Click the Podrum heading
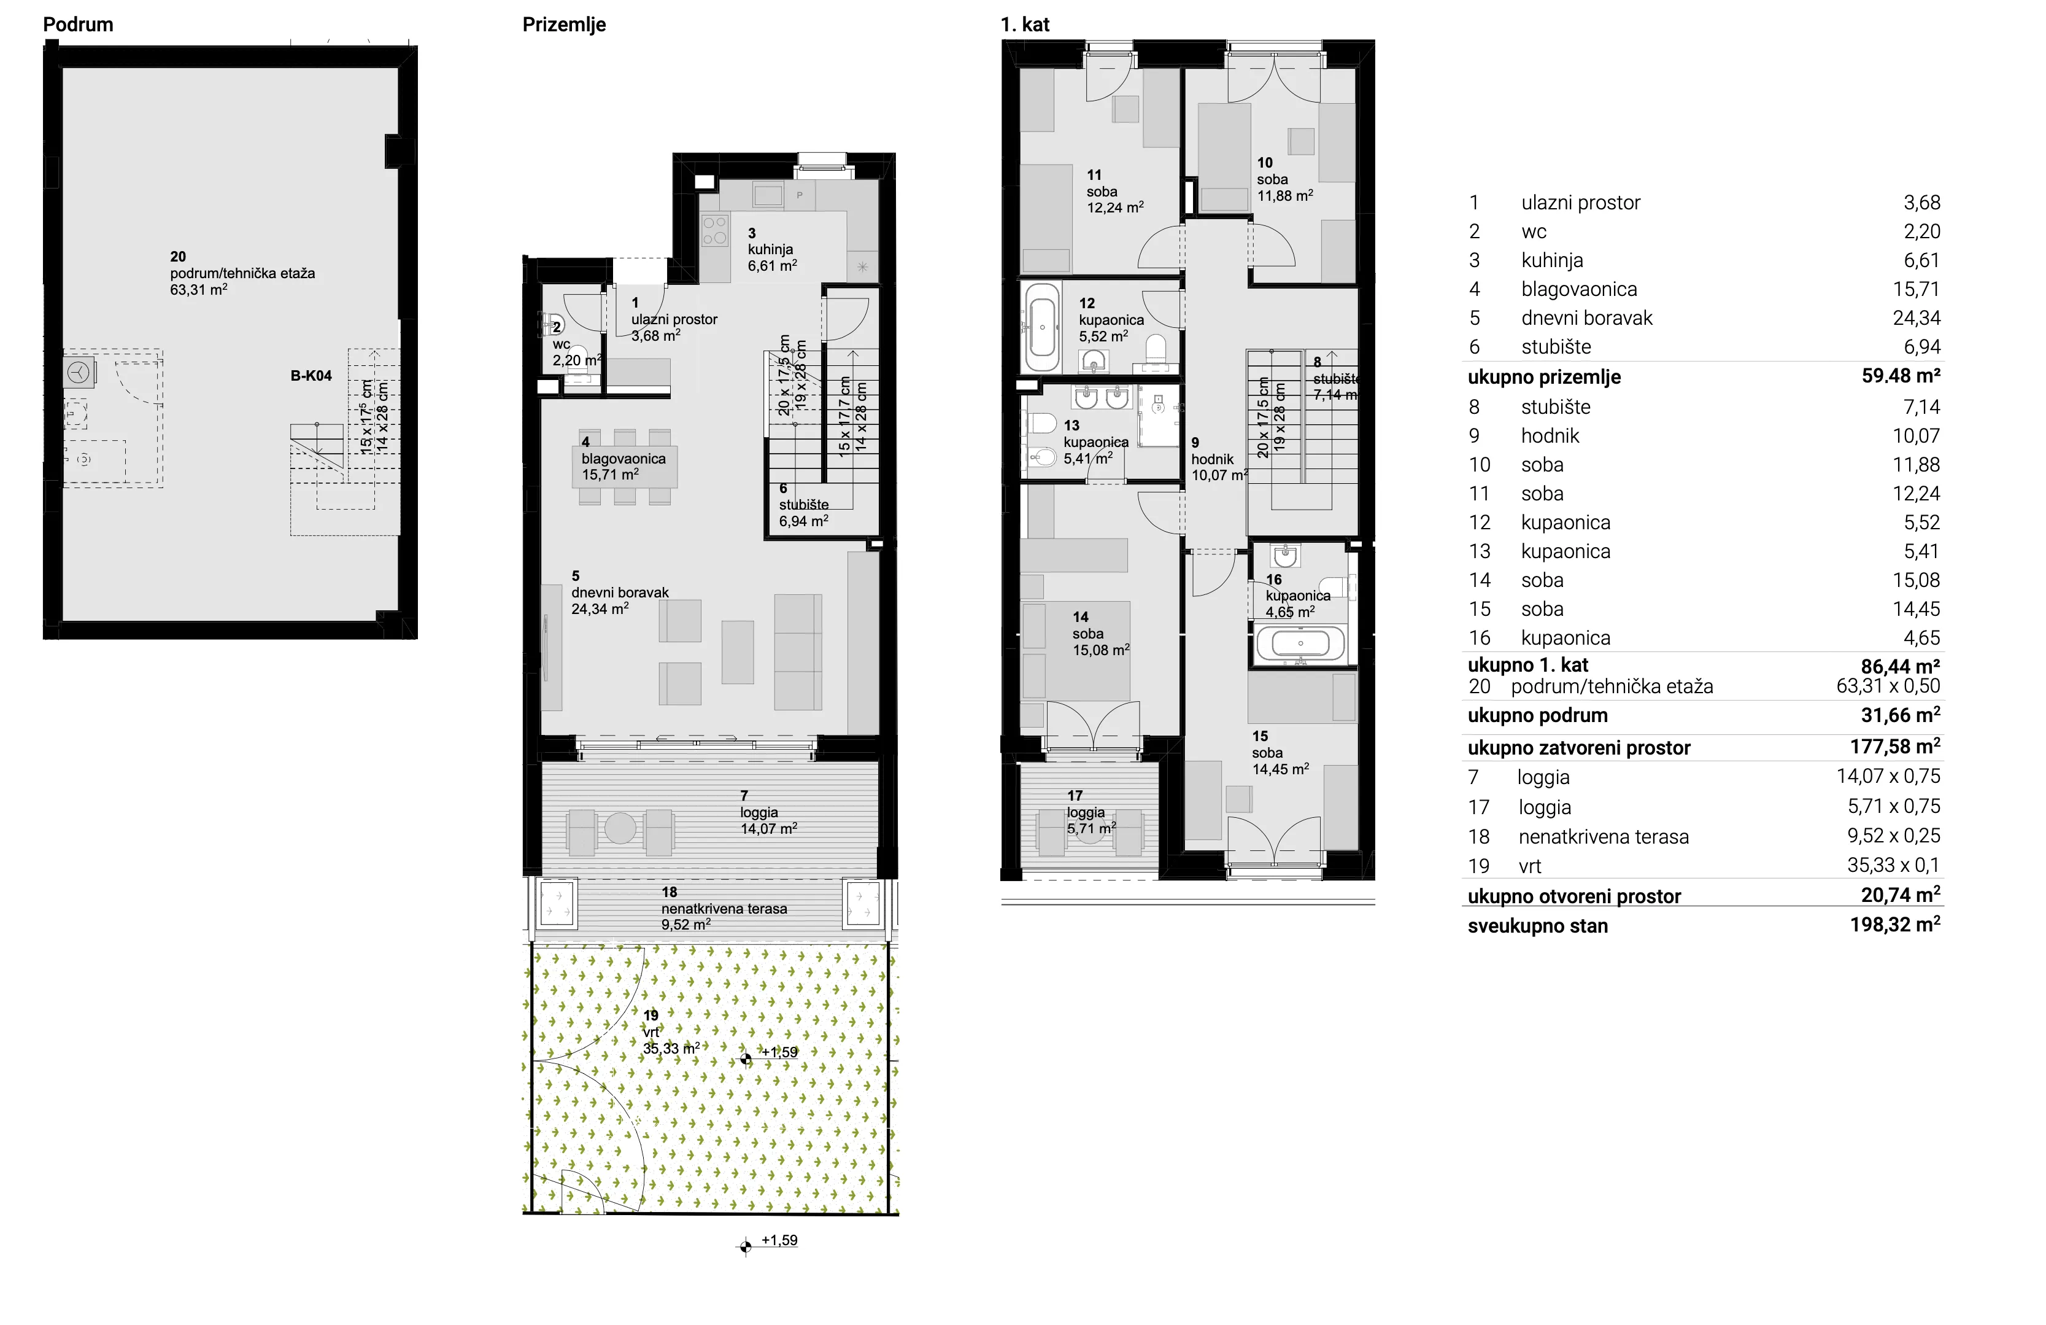(78, 24)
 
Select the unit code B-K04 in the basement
(311, 376)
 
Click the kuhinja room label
(770, 249)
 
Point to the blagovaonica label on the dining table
(623, 458)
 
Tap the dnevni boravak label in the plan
(620, 593)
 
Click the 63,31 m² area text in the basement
(199, 290)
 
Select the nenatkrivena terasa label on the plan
(724, 909)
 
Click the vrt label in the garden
(650, 1033)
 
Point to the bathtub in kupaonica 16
(1300, 642)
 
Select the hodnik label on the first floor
(1212, 459)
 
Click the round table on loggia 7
(620, 828)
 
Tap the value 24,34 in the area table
(1916, 318)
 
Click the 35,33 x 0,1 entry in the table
(1894, 865)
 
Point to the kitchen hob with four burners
(715, 230)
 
